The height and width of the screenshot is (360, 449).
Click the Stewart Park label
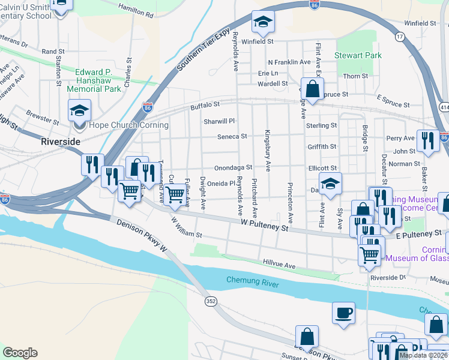(358, 56)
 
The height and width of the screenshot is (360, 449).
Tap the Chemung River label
(253, 281)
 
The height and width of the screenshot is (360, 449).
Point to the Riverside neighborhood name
(60, 142)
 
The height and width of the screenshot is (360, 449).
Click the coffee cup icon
(343, 313)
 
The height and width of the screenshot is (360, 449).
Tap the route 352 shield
(209, 300)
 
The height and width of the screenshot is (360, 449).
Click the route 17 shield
(399, 37)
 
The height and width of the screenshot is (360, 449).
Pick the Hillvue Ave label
(279, 265)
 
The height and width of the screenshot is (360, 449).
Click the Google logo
(20, 353)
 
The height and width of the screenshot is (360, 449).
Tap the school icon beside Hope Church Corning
(79, 111)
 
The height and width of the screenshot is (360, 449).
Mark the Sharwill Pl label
(218, 121)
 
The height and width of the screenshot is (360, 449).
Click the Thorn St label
(355, 76)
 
